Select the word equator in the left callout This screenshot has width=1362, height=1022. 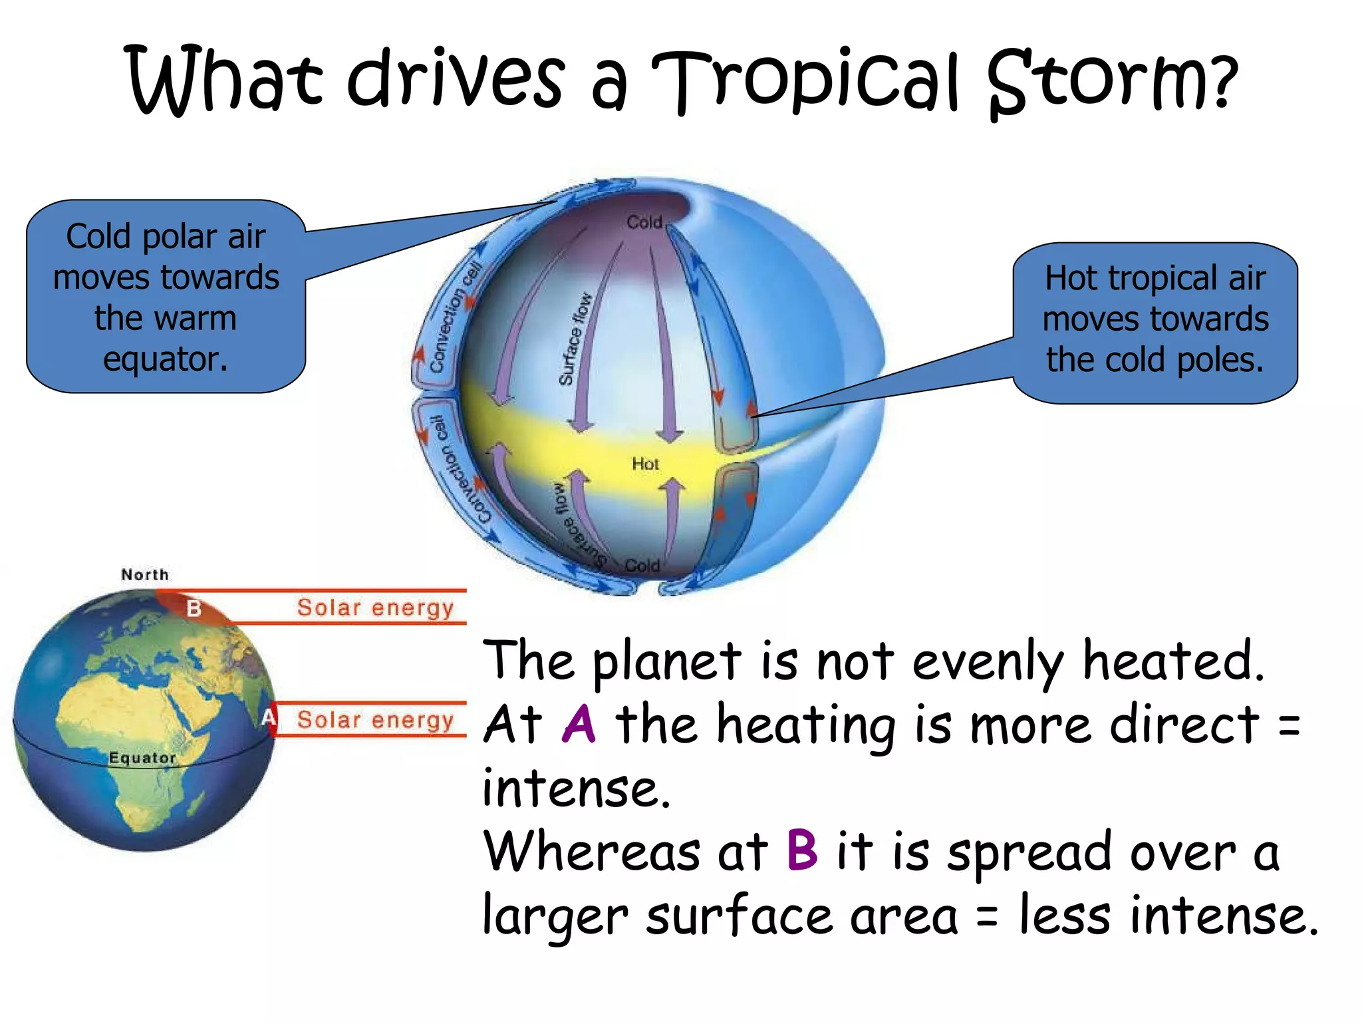[x=166, y=360]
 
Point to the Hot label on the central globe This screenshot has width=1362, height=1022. [x=645, y=464]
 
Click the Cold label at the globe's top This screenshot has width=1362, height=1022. [x=644, y=222]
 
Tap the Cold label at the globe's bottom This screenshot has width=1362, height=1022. [x=642, y=566]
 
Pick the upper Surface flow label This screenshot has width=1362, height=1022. [x=575, y=339]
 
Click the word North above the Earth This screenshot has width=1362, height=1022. [x=145, y=575]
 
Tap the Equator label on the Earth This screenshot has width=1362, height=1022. [x=142, y=758]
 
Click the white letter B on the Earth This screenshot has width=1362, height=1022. [x=194, y=608]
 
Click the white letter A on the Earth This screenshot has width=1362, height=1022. [x=268, y=717]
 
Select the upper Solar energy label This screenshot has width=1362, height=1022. [x=375, y=607]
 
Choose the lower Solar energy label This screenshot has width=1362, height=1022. [x=375, y=720]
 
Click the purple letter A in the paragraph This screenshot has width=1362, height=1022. [x=579, y=724]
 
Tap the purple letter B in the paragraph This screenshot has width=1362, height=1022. [x=802, y=850]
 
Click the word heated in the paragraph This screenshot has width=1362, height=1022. [x=1173, y=661]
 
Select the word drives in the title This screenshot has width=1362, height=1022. [x=457, y=79]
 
